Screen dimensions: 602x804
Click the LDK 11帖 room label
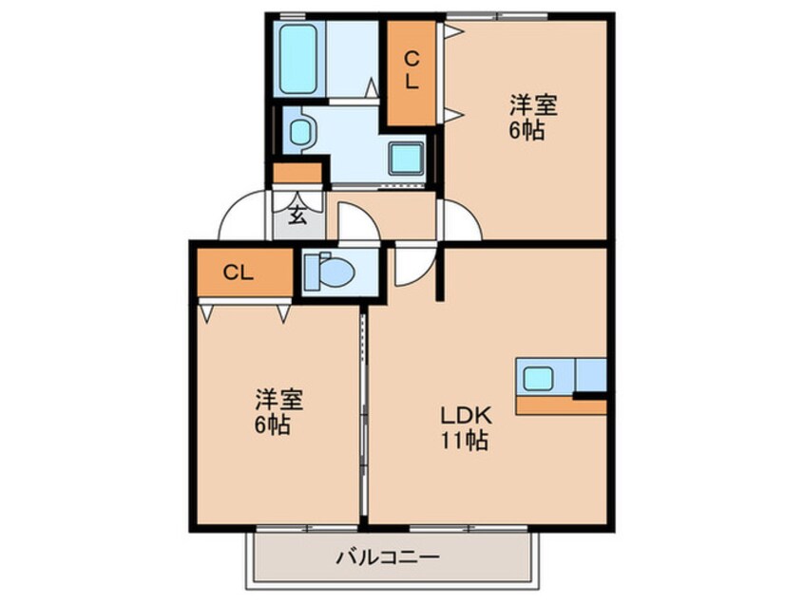(464, 428)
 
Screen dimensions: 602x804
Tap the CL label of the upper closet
(412, 70)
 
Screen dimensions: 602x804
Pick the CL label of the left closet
(239, 273)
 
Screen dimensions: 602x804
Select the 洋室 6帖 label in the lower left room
(273, 410)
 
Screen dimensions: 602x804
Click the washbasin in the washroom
(300, 131)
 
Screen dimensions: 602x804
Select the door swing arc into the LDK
(414, 267)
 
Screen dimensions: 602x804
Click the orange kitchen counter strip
(561, 405)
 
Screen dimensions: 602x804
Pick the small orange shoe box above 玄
(297, 174)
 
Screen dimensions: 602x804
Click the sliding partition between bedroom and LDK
(363, 418)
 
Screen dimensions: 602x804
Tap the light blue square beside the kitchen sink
(590, 374)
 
